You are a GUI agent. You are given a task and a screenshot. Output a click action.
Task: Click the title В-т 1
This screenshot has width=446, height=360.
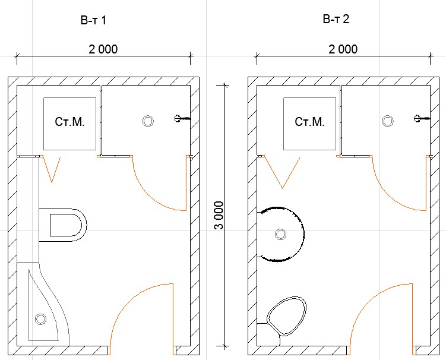[x=93, y=20]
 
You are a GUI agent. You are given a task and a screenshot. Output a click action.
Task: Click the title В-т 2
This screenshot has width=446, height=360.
[x=336, y=19]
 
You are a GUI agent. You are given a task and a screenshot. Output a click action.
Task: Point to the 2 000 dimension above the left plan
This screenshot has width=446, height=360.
[x=103, y=49]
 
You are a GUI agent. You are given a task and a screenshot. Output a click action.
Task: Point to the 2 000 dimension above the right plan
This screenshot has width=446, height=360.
[x=343, y=49]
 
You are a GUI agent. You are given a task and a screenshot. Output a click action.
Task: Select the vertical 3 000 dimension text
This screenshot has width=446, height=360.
[x=219, y=216]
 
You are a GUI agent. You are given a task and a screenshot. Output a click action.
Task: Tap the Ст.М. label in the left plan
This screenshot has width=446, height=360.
[x=69, y=122]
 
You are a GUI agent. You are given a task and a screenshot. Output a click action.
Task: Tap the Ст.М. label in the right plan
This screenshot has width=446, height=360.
[x=309, y=122]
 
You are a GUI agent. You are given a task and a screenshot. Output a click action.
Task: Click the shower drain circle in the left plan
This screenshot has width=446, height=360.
[x=148, y=121]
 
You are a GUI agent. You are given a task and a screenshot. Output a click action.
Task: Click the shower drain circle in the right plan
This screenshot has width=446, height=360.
[x=387, y=121]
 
